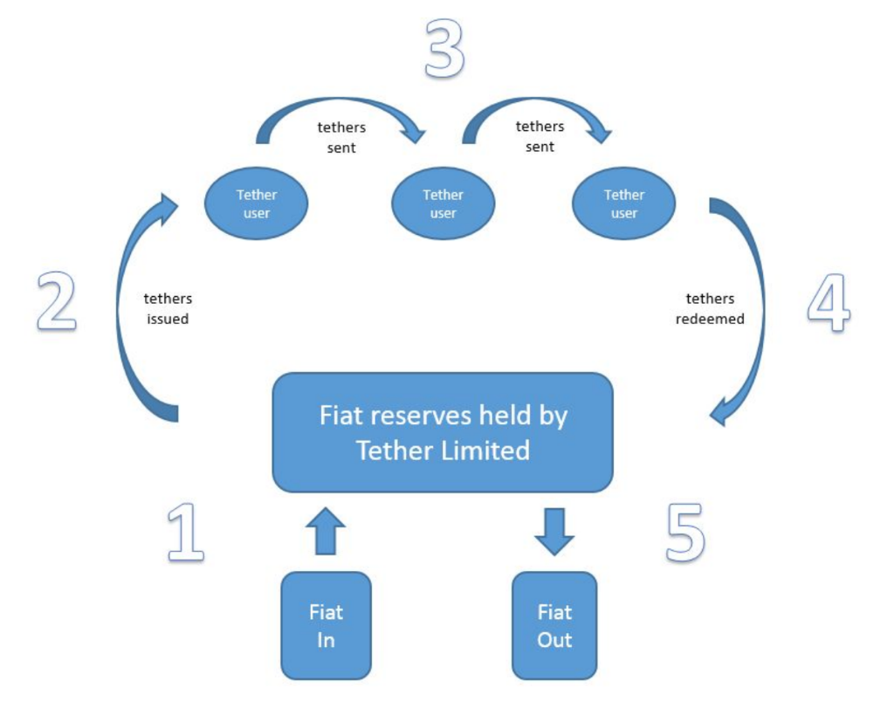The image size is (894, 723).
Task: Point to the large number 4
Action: pos(828,305)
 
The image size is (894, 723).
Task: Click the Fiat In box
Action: pos(326,625)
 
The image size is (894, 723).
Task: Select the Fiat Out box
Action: pos(554,625)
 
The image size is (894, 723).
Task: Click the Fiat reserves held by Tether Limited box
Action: pos(443,432)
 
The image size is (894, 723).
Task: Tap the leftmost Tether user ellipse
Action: pos(256,204)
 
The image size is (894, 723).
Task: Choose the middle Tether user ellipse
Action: pos(444,204)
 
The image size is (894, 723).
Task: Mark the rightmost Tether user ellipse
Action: pos(623,204)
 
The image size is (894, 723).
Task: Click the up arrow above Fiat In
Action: pos(326,531)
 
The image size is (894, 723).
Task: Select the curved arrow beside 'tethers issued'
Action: pos(131,306)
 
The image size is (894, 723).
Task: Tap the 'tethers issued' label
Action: pos(168,309)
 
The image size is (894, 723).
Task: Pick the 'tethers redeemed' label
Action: pos(710,309)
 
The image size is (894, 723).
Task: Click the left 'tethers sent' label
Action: pos(341,138)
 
